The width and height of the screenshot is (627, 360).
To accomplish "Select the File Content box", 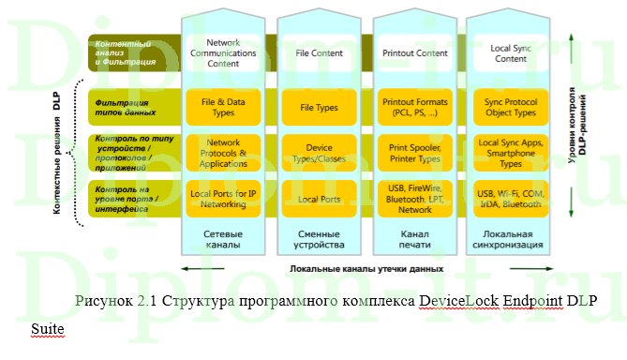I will pos(318,52).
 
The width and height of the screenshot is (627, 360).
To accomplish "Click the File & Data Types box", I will pos(222,107).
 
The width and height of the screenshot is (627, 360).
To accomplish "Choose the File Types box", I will pos(318,107).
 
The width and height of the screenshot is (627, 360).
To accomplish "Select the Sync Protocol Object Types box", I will pos(510,107).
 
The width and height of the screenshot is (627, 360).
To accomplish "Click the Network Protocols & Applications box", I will pos(222,152).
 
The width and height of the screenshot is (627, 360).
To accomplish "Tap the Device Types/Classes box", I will pos(318,153).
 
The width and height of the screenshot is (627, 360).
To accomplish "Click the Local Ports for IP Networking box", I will pos(222,198).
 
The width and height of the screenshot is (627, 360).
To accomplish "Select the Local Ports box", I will pos(318,199).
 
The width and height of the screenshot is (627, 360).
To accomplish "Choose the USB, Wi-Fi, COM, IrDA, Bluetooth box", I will pos(510,198).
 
